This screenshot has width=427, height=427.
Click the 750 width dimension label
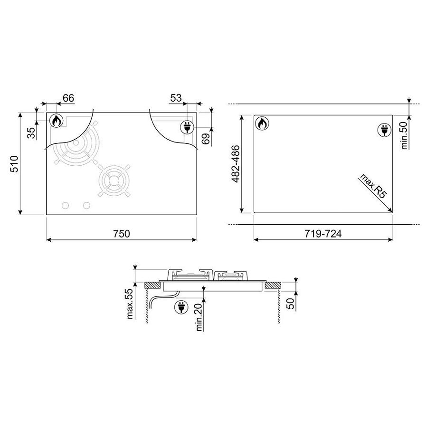(122, 234)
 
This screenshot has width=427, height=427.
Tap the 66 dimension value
(68, 98)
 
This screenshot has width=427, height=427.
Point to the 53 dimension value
(176, 98)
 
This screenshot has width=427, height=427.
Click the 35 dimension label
(32, 133)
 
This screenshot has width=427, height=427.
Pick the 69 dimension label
(206, 139)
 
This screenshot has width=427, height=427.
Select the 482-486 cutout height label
(235, 164)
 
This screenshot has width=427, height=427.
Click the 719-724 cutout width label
(323, 234)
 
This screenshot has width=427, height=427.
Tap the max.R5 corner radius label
(373, 186)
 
